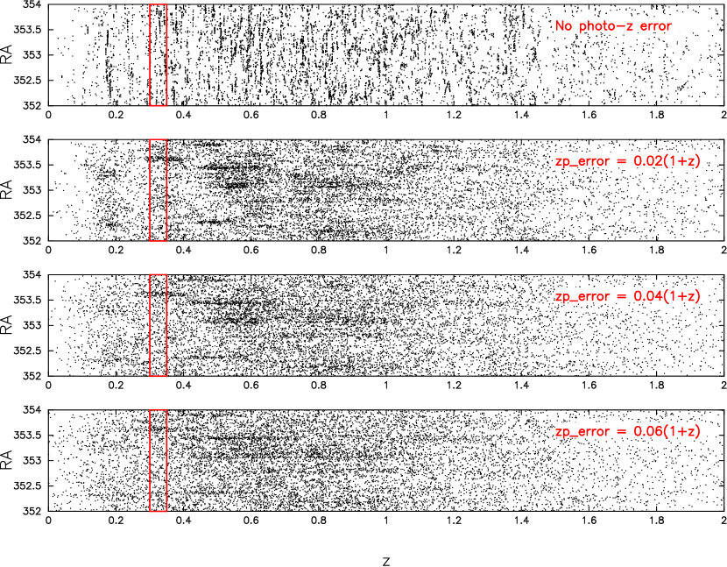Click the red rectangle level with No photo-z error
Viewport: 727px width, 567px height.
(158, 54)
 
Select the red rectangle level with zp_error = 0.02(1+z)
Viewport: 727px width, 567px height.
(158, 189)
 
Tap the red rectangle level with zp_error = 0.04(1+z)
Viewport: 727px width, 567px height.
(158, 325)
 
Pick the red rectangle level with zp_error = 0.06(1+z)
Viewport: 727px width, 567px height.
(158, 460)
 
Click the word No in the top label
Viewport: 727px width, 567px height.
(563, 25)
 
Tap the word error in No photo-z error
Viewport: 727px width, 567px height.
(655, 25)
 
